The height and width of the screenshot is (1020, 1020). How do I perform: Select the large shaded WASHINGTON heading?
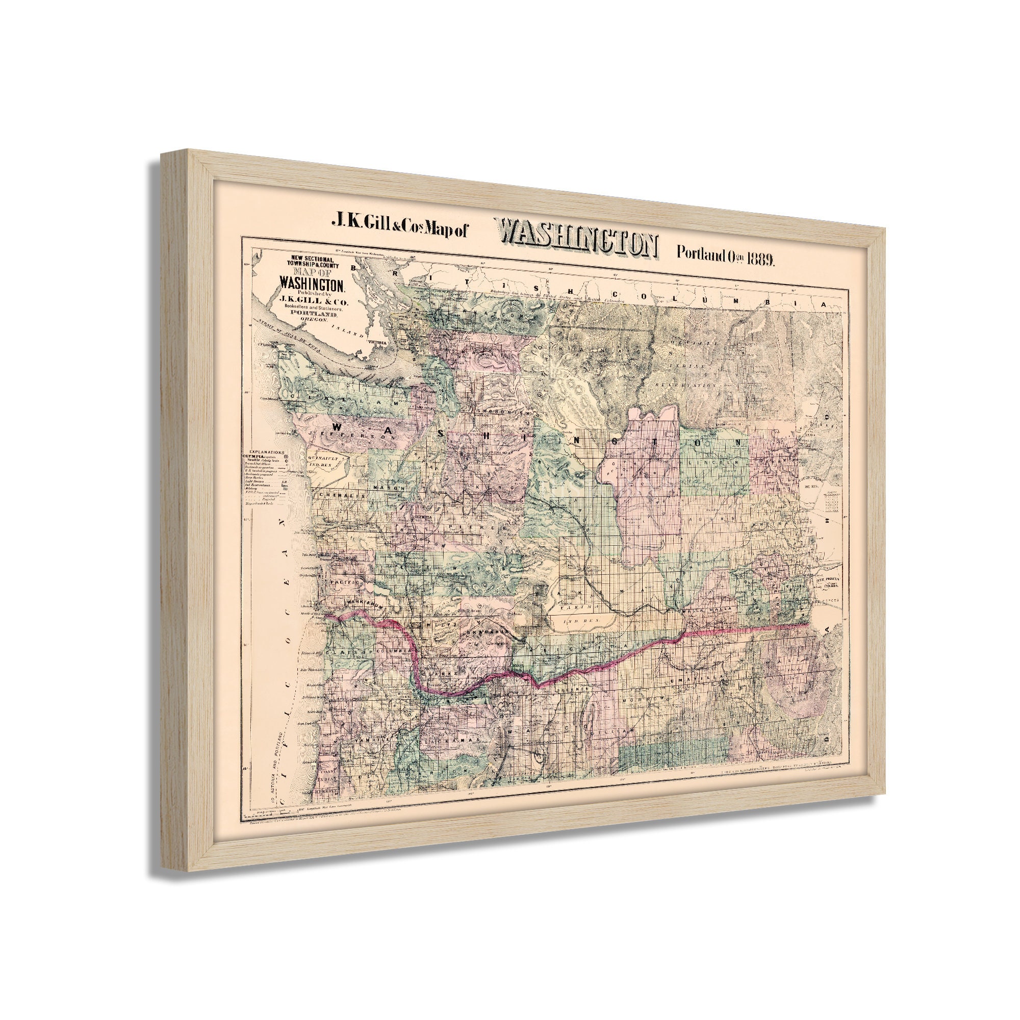point(576,245)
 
